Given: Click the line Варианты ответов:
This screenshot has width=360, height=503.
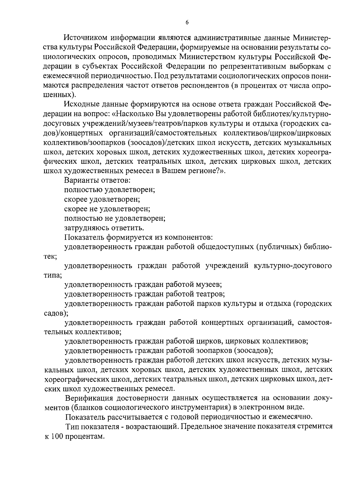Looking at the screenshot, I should coord(97,181).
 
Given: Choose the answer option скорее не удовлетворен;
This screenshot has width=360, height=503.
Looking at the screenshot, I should coord(107,209).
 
